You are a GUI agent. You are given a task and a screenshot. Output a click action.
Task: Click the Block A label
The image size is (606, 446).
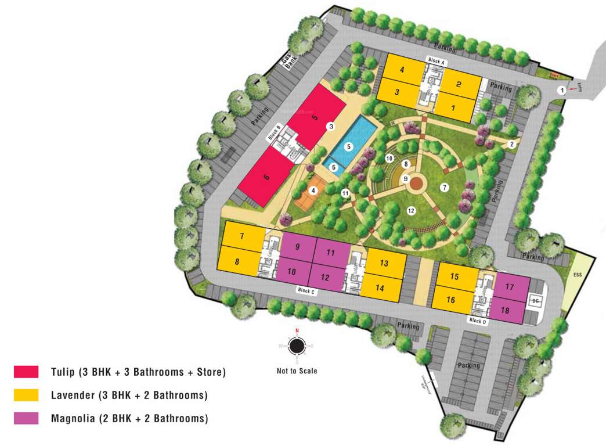[x=436, y=60]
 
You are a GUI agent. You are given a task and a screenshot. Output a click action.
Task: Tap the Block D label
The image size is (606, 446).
[x=477, y=320]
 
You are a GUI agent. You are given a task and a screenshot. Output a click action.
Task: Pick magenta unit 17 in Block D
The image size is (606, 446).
[x=510, y=287]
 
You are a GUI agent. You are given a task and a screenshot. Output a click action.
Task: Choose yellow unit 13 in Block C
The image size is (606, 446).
[x=384, y=263]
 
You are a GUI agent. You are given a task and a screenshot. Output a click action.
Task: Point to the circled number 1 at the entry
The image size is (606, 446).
[x=561, y=90]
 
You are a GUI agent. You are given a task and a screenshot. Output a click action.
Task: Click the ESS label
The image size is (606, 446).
[x=577, y=274]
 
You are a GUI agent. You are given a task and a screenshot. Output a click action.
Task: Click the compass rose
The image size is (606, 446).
[x=297, y=346]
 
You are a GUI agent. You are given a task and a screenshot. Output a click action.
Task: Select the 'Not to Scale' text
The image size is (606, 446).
[x=297, y=371]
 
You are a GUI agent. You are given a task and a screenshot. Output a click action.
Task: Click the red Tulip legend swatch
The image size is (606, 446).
[x=26, y=372]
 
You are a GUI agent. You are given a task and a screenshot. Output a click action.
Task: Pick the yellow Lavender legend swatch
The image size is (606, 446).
[x=26, y=395]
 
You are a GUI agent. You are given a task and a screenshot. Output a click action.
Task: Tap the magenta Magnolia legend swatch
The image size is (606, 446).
[x=26, y=418]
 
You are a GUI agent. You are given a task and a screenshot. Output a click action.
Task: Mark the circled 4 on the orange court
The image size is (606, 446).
[x=313, y=190]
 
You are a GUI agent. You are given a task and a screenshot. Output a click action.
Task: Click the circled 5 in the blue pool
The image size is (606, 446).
[x=349, y=147]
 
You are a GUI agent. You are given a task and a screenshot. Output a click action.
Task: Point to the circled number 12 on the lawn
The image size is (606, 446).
[x=411, y=210]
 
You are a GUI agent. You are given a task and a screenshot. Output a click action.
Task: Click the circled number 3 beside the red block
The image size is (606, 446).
[x=331, y=126]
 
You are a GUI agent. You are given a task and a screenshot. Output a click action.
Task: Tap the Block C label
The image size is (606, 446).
[x=305, y=290]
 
